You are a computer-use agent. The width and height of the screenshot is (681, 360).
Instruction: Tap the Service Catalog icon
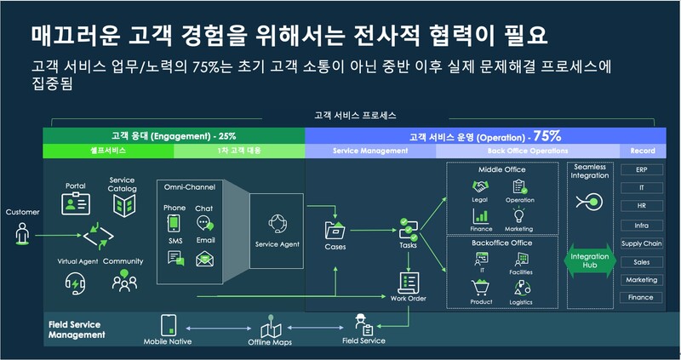tap(124, 204)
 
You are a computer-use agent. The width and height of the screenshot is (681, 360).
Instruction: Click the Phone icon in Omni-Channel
tap(174, 224)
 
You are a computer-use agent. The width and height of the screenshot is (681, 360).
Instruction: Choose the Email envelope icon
tap(204, 258)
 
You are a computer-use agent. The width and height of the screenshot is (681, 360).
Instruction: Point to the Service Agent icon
tap(278, 225)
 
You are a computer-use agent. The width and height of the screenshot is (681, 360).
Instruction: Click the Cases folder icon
tap(335, 230)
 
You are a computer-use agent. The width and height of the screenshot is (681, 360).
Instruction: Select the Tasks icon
tap(408, 229)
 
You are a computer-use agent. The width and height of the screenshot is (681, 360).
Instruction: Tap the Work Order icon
tap(408, 280)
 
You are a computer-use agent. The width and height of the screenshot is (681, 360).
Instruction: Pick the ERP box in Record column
tap(643, 169)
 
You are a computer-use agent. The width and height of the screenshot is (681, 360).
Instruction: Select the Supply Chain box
tap(643, 243)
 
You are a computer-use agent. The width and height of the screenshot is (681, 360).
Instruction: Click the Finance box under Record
tap(643, 298)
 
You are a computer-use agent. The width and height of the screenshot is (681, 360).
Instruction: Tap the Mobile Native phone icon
tap(168, 324)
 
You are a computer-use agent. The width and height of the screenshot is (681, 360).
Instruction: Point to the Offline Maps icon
tap(270, 327)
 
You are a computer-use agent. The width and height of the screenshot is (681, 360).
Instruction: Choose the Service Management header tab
tap(369, 151)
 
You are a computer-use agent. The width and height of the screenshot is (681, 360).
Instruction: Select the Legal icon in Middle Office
tap(479, 186)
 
